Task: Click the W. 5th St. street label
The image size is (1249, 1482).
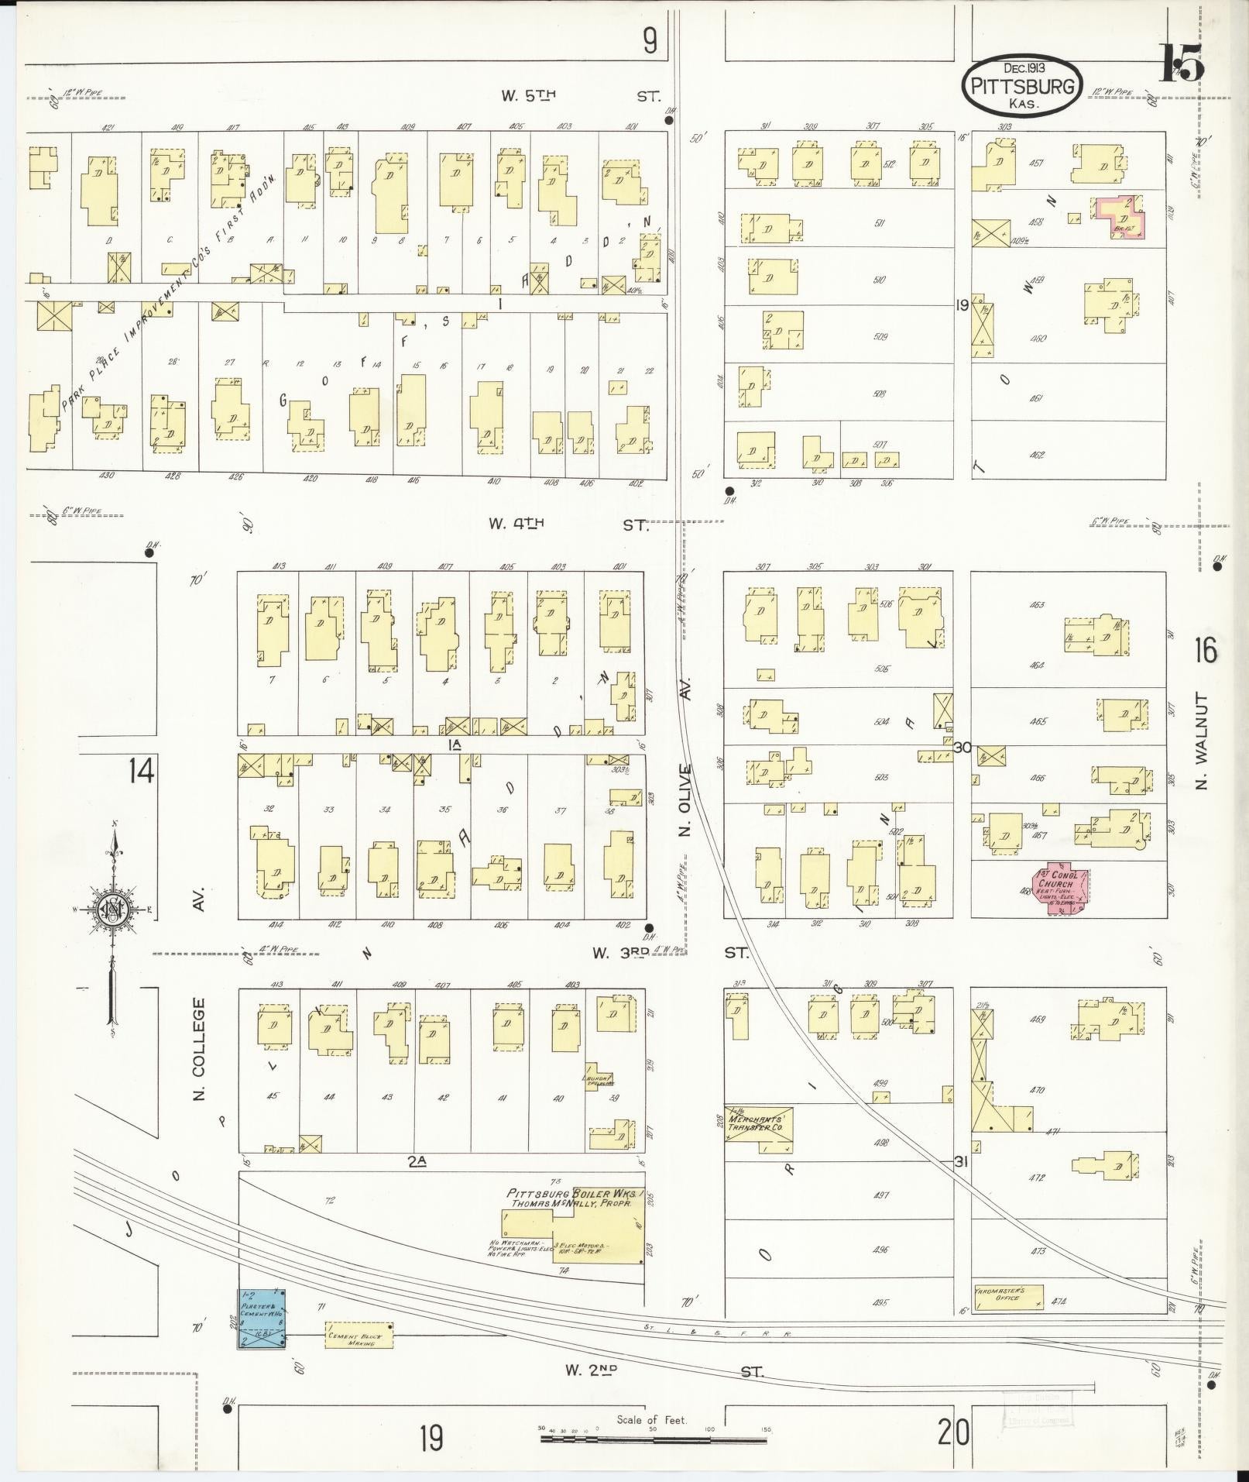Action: (582, 96)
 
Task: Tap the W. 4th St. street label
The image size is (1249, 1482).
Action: (568, 524)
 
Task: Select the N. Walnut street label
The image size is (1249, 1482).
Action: (1202, 741)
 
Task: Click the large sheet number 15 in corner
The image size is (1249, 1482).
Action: (1182, 62)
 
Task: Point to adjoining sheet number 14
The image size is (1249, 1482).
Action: (142, 772)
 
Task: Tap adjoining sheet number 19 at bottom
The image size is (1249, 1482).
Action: (431, 1438)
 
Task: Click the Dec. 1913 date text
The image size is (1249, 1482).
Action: (1021, 68)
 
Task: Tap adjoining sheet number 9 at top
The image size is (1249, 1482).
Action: (649, 41)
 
